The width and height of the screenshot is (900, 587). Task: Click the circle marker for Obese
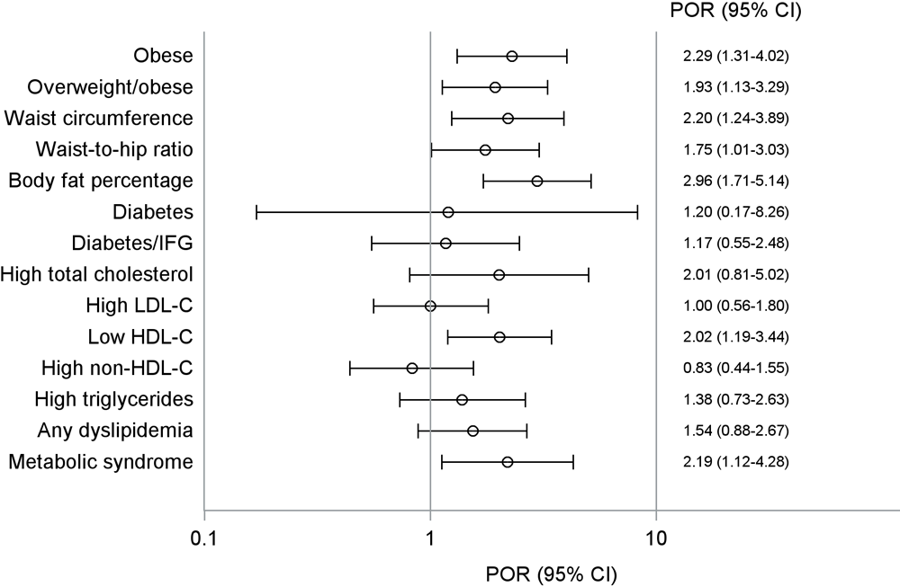coord(512,56)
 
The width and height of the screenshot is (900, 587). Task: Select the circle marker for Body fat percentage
coord(537,181)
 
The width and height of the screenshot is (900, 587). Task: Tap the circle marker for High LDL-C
coord(430,306)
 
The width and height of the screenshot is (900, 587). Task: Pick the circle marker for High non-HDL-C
coord(412,368)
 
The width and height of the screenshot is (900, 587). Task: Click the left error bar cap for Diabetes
coord(256,212)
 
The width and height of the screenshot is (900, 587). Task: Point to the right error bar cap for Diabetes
coord(637,212)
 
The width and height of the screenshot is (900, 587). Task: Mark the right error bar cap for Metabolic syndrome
coord(573,462)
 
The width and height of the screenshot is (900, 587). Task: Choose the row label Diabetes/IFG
coord(132,243)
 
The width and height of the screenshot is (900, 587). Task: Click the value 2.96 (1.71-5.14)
coord(736,181)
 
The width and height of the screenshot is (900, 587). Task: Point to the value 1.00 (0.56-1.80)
coord(736,306)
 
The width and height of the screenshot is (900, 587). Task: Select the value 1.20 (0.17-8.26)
coord(736,212)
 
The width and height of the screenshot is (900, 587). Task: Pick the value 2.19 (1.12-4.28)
coord(736,462)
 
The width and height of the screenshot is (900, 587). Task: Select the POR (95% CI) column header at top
coord(737,13)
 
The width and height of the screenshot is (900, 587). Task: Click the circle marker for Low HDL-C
coord(499,337)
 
